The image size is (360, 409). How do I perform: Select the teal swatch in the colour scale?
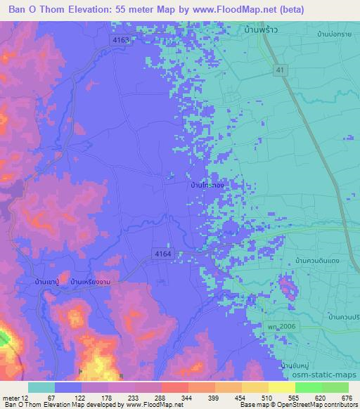41,387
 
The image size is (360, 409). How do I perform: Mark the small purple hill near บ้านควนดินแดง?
287,287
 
